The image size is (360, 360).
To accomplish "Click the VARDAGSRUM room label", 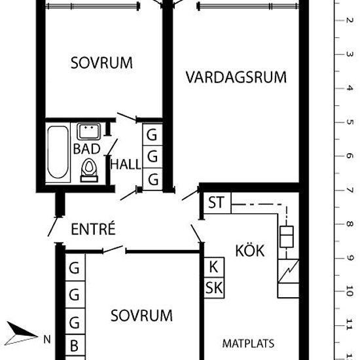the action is tap(236, 77).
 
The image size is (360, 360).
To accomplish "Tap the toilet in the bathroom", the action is tap(89, 170).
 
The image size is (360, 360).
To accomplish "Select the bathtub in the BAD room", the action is tap(58, 153).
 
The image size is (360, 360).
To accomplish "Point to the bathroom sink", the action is tap(88, 132).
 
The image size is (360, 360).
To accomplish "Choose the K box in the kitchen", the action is tap(214, 267).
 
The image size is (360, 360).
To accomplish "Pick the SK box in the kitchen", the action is tap(214, 288).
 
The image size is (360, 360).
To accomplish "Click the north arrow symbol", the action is tap(21, 334).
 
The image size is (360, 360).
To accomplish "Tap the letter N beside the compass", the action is tap(47, 340).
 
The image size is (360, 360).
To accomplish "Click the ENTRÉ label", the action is tap(93, 228).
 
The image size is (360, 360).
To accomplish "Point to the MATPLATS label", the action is tap(248, 344).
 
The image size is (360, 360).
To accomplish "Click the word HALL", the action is tap(126, 164).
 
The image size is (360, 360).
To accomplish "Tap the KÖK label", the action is tap(250, 250).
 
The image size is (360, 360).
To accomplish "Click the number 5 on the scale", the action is tap(350, 122).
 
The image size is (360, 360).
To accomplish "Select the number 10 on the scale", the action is tap(350, 291).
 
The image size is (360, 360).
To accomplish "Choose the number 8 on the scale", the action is tap(350, 224).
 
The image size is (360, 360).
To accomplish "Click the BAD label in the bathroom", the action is tap(87, 149).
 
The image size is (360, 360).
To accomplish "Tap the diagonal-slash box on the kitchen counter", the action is tap(289, 272).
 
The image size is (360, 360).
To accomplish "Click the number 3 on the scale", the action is tap(350, 54).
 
